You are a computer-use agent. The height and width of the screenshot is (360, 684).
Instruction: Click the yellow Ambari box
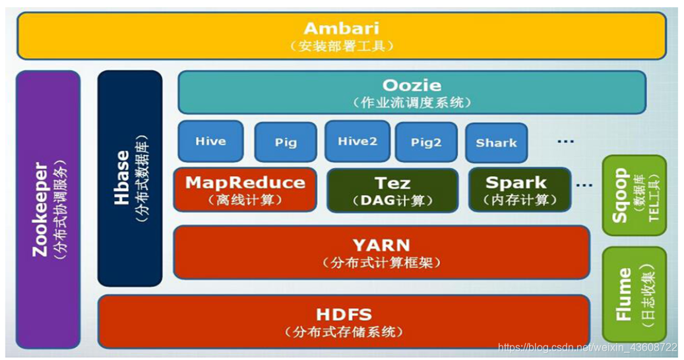[341, 36]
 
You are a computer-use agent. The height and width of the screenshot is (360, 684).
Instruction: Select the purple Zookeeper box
[48, 210]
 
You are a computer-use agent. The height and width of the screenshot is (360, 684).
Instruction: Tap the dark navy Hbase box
[130, 178]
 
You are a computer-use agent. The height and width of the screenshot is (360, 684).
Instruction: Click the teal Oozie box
[412, 92]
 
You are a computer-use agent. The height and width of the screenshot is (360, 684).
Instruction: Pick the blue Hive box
[210, 141]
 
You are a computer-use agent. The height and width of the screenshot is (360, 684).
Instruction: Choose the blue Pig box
[286, 142]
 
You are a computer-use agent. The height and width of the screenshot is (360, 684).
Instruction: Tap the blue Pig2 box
[426, 142]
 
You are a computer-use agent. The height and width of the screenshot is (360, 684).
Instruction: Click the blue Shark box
[496, 142]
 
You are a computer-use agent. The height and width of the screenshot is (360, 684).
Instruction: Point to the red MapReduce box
[245, 190]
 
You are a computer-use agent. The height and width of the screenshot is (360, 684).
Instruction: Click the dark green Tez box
[392, 190]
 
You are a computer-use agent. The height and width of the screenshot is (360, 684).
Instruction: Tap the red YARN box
[381, 253]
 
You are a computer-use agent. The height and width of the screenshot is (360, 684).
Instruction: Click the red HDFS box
[344, 322]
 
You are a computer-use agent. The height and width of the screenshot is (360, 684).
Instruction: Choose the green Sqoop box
[634, 195]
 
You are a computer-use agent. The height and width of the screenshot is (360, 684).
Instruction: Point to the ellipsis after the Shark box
[565, 141]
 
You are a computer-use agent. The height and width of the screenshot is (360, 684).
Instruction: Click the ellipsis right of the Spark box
[584, 185]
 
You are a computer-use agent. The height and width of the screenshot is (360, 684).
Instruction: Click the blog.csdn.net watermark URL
[587, 347]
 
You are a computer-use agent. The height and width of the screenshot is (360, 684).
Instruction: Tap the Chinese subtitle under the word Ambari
[341, 46]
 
